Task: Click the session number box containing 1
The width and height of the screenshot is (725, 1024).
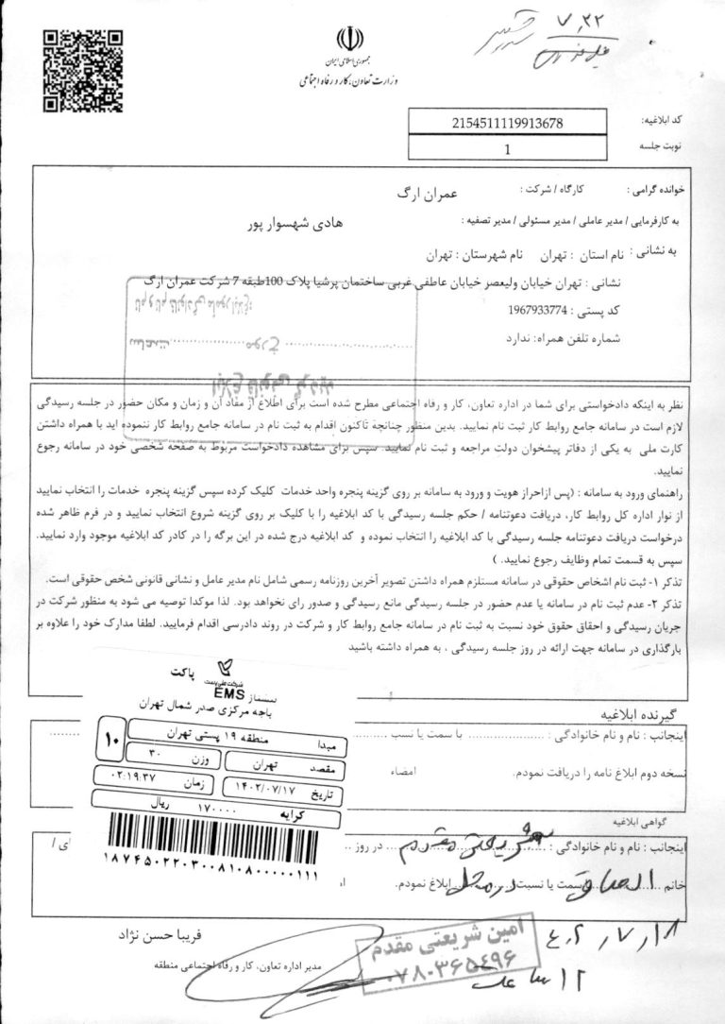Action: [x=508, y=148]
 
